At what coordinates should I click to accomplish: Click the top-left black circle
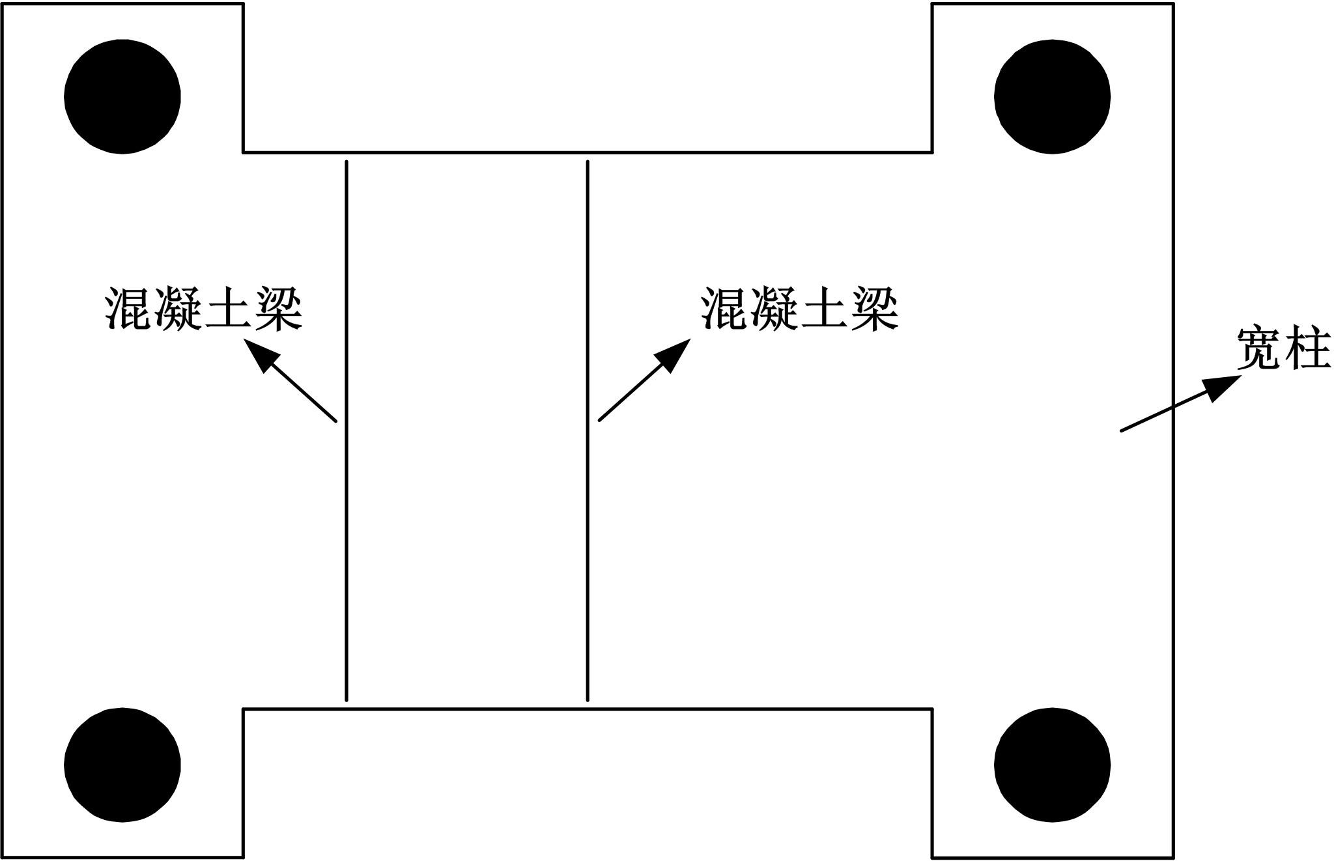point(122,96)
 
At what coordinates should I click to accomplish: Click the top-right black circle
point(1052,96)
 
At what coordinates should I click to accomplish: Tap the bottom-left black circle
point(122,765)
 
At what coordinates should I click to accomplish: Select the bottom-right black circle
point(1052,765)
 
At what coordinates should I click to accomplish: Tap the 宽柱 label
point(1283,348)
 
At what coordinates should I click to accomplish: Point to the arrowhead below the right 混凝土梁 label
point(675,354)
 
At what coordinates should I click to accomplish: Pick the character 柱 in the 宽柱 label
point(1308,348)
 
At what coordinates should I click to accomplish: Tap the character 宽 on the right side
point(1259,348)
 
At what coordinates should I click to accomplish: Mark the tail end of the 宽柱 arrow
point(1122,430)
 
